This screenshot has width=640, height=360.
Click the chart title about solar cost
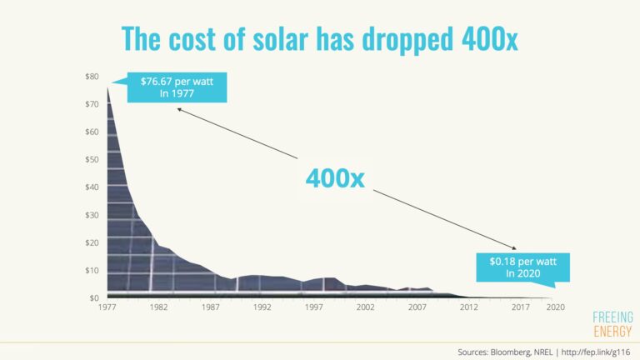click(x=320, y=38)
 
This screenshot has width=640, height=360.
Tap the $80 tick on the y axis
click(x=92, y=77)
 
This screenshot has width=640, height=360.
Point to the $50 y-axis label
click(x=92, y=159)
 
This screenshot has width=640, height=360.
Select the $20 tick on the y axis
click(x=92, y=242)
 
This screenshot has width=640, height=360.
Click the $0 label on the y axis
click(x=94, y=297)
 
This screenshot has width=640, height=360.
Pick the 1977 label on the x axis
click(x=107, y=307)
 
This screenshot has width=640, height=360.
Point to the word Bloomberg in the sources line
click(x=508, y=351)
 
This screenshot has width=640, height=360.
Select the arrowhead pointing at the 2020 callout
click(x=517, y=248)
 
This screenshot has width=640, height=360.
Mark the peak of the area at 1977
click(x=107, y=87)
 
